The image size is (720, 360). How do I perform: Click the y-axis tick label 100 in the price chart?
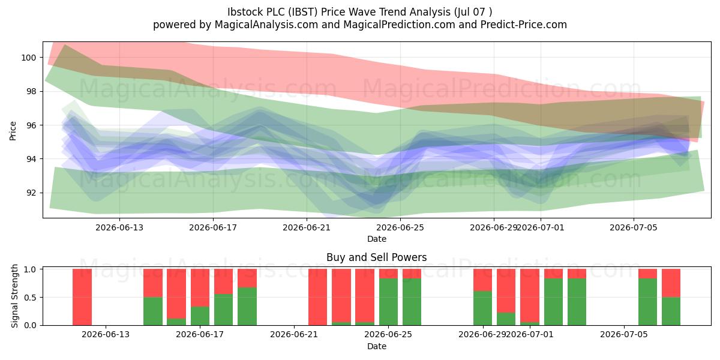coord(28,58)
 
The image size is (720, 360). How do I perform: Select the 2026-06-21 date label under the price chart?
coord(307,227)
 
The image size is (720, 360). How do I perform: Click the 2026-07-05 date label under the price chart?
coord(634,227)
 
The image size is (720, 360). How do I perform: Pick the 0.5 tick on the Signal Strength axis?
coord(30,298)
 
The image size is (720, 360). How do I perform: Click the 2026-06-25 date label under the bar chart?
coord(388,335)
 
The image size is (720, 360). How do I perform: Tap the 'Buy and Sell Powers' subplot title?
coord(377,257)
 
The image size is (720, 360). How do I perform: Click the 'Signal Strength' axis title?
coord(14,296)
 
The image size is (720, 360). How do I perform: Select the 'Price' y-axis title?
coord(13,131)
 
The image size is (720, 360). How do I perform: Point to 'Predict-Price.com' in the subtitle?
coord(524,25)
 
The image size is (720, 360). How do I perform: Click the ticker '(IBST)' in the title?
coord(303,12)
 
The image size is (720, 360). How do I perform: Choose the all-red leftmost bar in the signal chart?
coord(82,297)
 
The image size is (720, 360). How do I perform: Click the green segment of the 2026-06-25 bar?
coord(388,302)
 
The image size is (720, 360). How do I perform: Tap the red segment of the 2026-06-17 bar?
coord(200,287)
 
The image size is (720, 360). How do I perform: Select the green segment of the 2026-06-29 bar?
coord(482,308)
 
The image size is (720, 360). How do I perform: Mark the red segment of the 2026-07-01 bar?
coord(530,295)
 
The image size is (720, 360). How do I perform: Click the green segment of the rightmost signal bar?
coord(671,311)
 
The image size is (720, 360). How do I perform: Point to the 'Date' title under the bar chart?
coord(377,346)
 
